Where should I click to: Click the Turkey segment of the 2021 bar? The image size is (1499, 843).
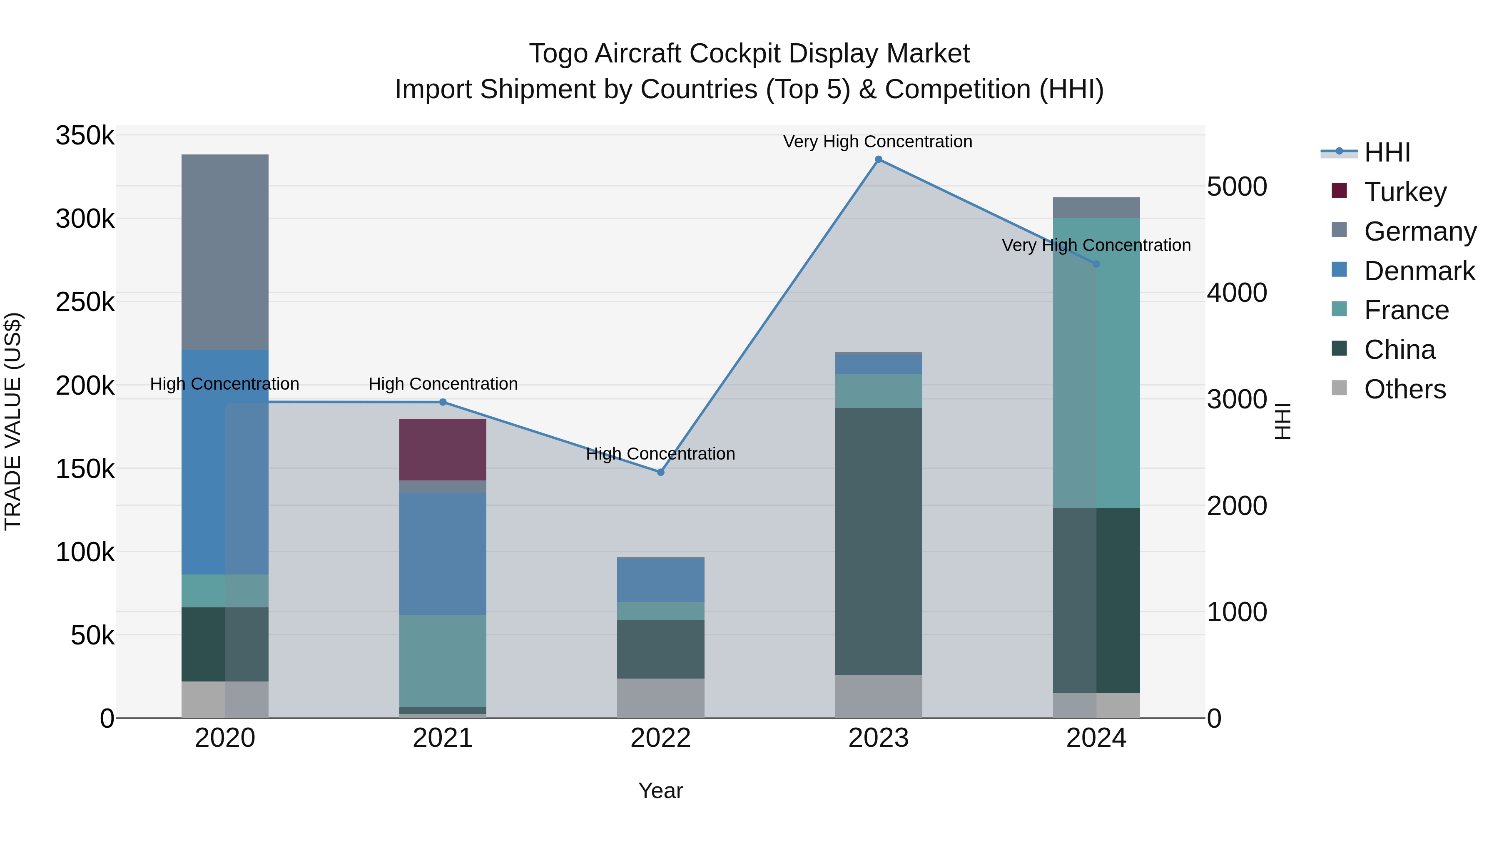(442, 449)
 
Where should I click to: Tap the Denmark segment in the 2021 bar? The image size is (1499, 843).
(442, 553)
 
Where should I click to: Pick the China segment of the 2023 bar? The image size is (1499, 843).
(878, 541)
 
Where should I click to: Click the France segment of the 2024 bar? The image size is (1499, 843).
(1096, 363)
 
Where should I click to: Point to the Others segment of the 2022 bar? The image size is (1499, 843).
(660, 698)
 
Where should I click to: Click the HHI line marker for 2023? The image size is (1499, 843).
(878, 159)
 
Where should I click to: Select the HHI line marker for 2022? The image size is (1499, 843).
(660, 472)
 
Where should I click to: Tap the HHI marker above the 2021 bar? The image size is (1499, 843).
(442, 402)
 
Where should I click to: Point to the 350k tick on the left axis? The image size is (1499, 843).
(85, 136)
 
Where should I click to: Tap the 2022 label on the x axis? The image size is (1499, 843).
(660, 738)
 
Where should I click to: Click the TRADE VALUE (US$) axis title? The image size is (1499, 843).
(13, 421)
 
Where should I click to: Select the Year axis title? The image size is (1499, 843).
(660, 791)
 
